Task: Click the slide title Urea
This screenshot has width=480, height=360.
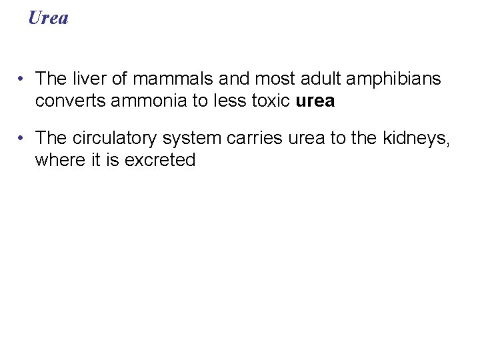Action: pos(48,18)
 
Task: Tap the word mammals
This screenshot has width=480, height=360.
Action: pos(172,79)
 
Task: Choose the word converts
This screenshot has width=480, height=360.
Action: pos(67,101)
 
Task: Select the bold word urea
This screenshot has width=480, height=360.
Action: pos(315,101)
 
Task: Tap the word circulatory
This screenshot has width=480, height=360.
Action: pos(109,138)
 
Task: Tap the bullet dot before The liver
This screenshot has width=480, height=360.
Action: pos(23,79)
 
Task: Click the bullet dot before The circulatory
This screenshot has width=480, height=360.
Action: pos(23,139)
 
